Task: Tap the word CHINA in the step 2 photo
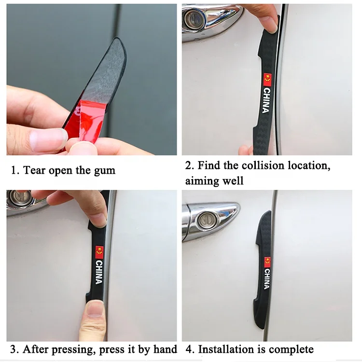266,100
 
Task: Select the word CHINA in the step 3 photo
99,272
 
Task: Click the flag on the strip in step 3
99,251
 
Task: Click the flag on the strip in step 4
267,262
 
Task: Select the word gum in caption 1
105,170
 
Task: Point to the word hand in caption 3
164,349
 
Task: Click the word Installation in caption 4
228,349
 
